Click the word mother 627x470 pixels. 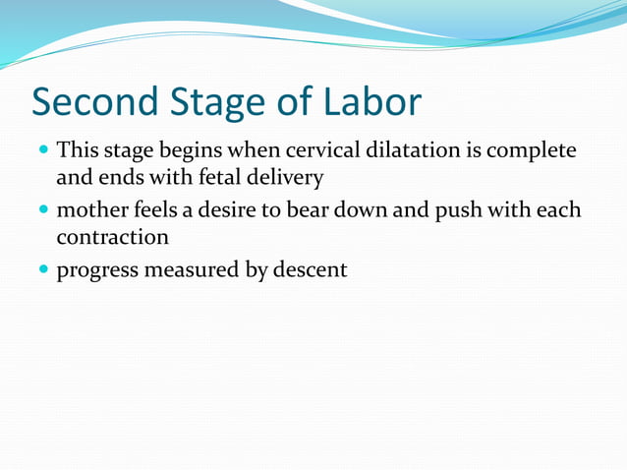coord(89,210)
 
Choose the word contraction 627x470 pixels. coord(112,238)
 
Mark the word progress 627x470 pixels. coord(96,269)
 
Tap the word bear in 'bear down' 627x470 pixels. coord(304,210)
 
